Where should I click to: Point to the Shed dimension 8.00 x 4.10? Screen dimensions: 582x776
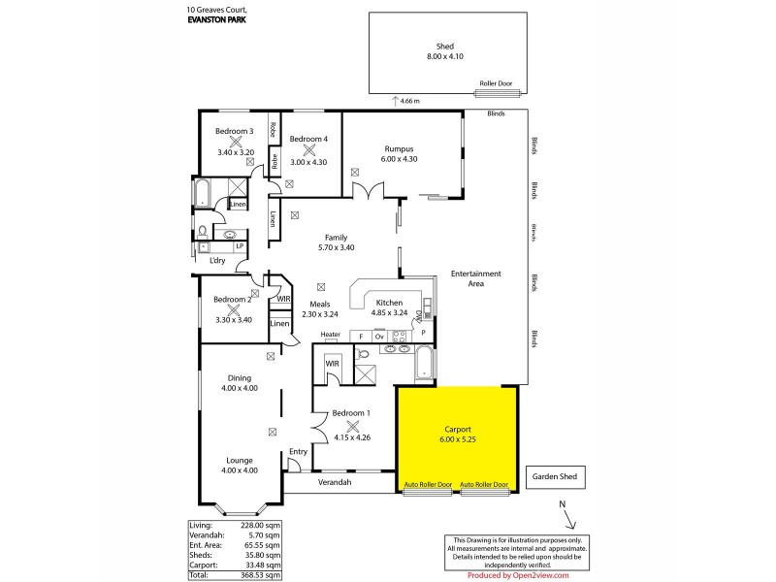click(446, 57)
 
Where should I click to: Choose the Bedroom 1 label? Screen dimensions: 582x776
click(351, 412)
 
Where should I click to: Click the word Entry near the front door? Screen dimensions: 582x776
click(298, 452)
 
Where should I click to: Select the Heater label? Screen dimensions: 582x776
click(331, 335)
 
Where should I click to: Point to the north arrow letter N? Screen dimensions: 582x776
click(560, 504)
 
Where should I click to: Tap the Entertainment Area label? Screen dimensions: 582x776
click(475, 279)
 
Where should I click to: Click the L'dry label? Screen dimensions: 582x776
click(217, 260)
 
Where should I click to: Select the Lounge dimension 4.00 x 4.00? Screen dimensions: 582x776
click(240, 471)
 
